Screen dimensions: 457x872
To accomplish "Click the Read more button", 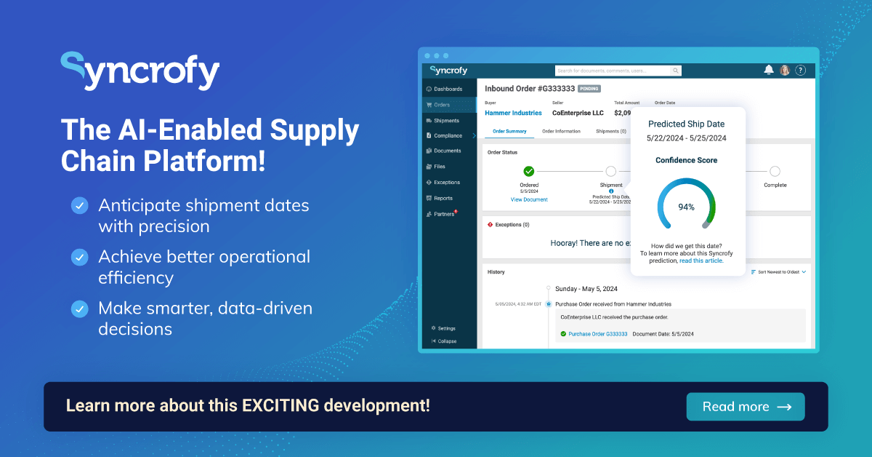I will coord(746,407).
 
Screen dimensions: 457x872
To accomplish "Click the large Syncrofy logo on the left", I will coord(140,71).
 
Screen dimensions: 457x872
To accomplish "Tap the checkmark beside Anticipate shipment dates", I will coord(79,206).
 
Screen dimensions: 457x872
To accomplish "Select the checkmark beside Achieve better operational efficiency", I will coord(79,257).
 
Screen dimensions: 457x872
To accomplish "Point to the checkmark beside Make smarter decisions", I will coord(79,309).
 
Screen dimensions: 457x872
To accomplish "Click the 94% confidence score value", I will coord(686,207).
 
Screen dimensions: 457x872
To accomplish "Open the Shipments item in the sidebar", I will coord(446,120).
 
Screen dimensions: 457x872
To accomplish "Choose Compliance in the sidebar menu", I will coord(448,135).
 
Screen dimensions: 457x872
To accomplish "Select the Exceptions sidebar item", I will coord(446,182).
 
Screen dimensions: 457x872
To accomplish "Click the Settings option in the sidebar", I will coord(446,328).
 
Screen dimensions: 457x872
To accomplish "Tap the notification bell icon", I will coord(769,71).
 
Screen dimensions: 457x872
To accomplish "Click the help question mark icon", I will coord(800,71).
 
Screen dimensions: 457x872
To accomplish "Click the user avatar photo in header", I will coord(785,71).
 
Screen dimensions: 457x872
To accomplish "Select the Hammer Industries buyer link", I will coord(513,113).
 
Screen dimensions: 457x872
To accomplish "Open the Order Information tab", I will coord(561,132).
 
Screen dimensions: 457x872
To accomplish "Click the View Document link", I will coord(529,199).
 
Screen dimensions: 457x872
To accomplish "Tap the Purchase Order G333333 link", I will coord(597,334).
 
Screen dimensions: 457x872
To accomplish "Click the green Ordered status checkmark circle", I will coord(529,171).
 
